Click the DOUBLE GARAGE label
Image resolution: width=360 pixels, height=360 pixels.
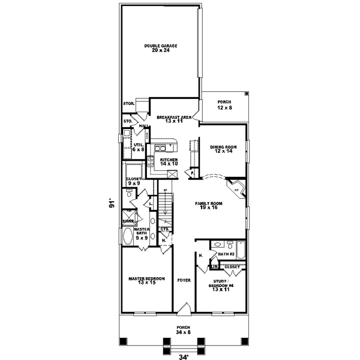pos(160,46)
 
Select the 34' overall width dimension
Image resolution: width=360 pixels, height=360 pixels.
pos(182,355)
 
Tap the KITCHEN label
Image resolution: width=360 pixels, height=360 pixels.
pos(169,160)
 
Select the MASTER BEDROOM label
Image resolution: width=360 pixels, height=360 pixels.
pos(147,278)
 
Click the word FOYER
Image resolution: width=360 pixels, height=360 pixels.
pos(184,280)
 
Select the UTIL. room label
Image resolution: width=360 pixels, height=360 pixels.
pos(138,145)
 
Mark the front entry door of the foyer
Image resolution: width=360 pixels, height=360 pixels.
pos(184,310)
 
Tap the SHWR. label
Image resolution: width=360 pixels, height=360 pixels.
pos(128,221)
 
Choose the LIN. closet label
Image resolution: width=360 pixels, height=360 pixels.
pos(213,266)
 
